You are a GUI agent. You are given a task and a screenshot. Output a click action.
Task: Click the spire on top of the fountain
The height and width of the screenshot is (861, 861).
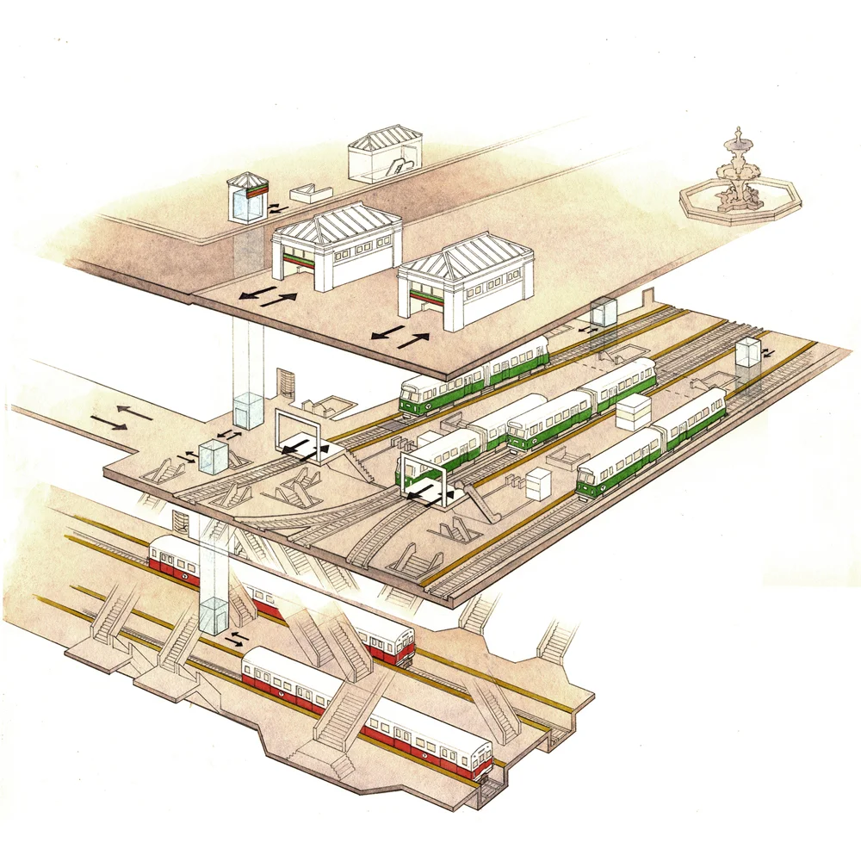coord(737,137)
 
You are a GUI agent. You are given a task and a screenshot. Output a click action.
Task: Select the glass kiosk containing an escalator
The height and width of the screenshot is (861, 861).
coord(384,157)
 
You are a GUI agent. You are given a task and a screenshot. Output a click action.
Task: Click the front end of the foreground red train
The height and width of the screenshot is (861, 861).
coord(478,758)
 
